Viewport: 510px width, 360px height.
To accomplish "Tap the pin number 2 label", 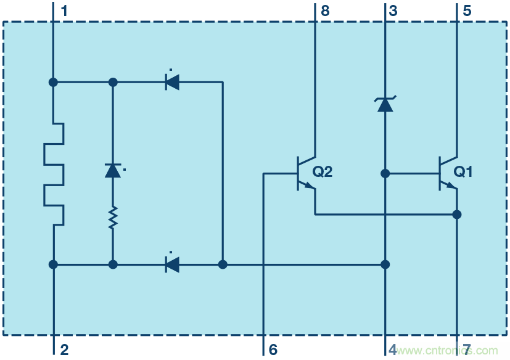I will (65, 350).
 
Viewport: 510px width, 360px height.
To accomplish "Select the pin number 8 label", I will (326, 10).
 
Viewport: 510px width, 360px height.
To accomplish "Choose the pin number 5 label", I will (467, 10).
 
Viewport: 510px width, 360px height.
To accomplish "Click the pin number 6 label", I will (273, 350).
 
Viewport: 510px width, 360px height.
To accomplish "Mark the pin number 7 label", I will (467, 350).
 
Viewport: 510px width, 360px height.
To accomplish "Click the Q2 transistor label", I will (323, 172).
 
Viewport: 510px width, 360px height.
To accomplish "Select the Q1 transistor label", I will (463, 172).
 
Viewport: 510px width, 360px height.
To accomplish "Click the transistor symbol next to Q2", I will (305, 173).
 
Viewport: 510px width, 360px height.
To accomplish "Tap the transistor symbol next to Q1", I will (446, 173).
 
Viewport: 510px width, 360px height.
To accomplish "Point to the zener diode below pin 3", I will (385, 104).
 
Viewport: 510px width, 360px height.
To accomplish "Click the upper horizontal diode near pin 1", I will (172, 81).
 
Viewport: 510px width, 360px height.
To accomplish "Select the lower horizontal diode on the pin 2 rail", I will (172, 264).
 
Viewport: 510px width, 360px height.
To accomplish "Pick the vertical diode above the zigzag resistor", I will (113, 170).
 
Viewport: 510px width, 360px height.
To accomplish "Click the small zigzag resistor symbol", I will (113, 218).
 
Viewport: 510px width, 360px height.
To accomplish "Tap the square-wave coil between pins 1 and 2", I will (54, 174).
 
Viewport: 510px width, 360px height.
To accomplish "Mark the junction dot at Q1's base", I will (385, 174).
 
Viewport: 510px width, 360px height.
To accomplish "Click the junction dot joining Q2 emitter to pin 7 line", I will (457, 215).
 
